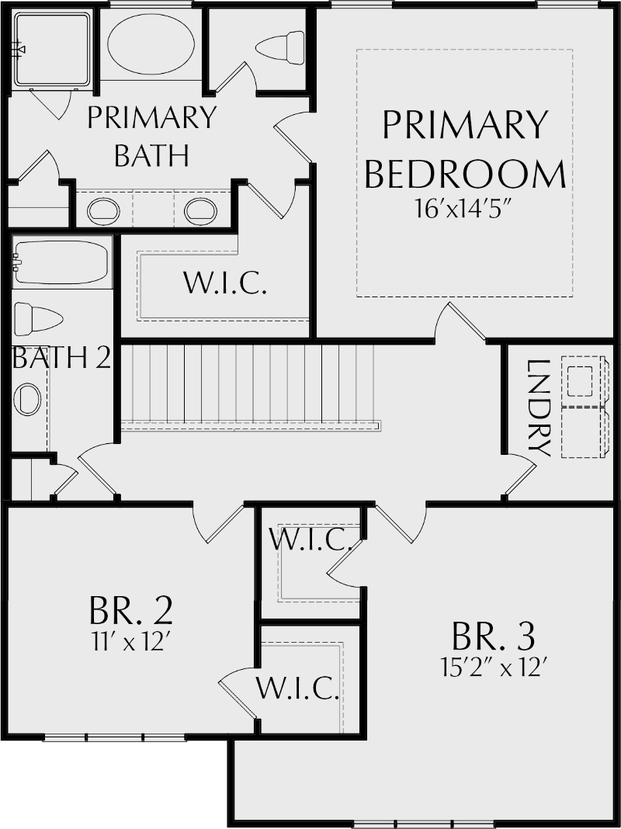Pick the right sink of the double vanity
pos(200,210)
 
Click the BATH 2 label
pos(61,358)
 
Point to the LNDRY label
pos(537,408)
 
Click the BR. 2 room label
pos(130,611)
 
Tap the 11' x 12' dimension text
pos(130,643)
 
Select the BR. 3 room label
pos(493,636)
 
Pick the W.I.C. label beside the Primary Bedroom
pos(225,283)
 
